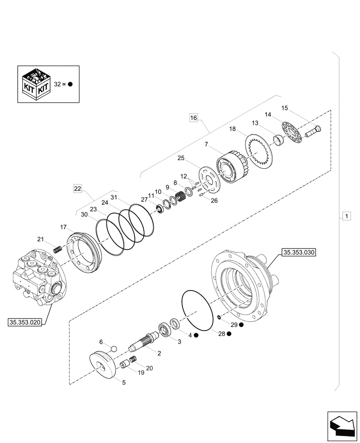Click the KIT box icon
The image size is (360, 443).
pyautogui.click(x=37, y=84)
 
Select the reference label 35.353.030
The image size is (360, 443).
pyautogui.click(x=298, y=253)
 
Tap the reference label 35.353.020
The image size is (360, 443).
pyautogui.click(x=25, y=323)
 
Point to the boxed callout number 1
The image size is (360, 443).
pyautogui.click(x=346, y=216)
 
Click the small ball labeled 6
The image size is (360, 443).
pyautogui.click(x=113, y=349)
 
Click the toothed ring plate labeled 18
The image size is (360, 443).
pyautogui.click(x=262, y=151)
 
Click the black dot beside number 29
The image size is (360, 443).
pyautogui.click(x=241, y=325)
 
